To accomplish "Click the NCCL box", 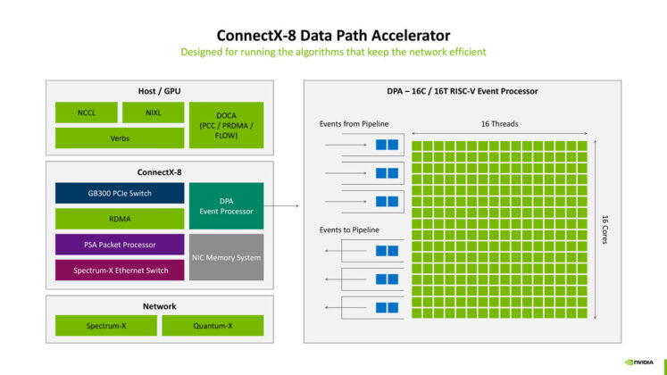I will [x=86, y=112].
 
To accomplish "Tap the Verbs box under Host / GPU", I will [x=119, y=137].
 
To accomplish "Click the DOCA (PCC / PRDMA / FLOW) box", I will [x=227, y=125].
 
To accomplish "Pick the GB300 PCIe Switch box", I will [x=119, y=193].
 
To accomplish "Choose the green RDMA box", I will [x=119, y=219].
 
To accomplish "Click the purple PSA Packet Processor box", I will [x=119, y=244].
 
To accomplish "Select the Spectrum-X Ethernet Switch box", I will [x=119, y=269].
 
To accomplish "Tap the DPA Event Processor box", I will [x=227, y=205].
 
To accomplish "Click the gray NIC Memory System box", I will [x=227, y=257].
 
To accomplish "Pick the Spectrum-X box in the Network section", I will [x=106, y=326].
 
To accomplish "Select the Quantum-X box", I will [x=213, y=326].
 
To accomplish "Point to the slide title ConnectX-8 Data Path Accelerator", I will [x=333, y=35].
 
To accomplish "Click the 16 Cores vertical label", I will [x=605, y=229].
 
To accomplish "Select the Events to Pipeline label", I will [x=349, y=230].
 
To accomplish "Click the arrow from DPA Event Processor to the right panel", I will [x=284, y=206].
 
